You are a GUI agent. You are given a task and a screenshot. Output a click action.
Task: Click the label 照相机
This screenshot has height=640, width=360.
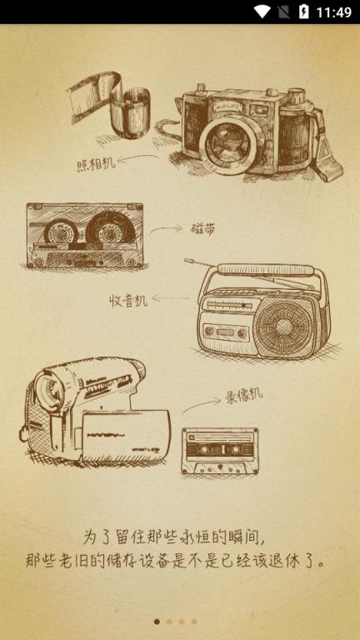96,164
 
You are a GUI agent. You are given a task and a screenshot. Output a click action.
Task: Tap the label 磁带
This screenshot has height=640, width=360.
202,229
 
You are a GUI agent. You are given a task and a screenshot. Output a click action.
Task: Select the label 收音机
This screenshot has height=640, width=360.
128,301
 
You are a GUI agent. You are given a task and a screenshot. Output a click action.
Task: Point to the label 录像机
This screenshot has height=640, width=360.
244,396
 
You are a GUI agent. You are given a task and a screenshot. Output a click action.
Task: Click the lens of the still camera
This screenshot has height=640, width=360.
225,146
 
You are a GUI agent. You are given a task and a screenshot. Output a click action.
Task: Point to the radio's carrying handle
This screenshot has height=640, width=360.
266,270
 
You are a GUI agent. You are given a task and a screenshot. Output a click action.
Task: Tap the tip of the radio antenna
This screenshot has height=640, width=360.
187,259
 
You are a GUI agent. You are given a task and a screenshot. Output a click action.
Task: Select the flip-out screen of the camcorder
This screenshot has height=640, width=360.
126,436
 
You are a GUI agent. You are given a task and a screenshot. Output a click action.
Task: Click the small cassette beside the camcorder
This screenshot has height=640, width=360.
220,451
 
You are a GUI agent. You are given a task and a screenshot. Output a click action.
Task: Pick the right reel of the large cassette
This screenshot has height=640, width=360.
110,231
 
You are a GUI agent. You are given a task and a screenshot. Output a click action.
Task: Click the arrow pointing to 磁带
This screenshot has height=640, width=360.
166,229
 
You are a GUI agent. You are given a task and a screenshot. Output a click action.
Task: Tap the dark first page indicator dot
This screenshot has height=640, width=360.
157,622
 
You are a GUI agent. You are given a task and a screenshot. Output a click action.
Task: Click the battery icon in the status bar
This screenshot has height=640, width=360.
303,12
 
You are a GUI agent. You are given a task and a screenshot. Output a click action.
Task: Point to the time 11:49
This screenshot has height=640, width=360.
334,12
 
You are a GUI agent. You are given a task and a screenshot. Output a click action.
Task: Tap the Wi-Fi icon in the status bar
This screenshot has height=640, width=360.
262,12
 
